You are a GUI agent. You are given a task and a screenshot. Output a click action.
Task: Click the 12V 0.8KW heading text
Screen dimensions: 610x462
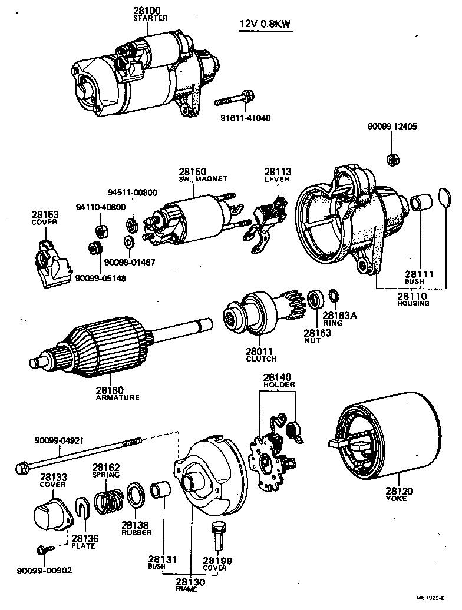(266, 24)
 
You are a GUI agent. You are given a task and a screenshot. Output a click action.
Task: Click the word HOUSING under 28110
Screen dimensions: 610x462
(413, 304)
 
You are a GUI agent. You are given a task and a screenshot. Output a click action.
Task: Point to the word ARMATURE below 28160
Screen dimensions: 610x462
(117, 397)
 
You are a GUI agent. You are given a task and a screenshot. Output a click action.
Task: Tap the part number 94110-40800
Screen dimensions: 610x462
(101, 207)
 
